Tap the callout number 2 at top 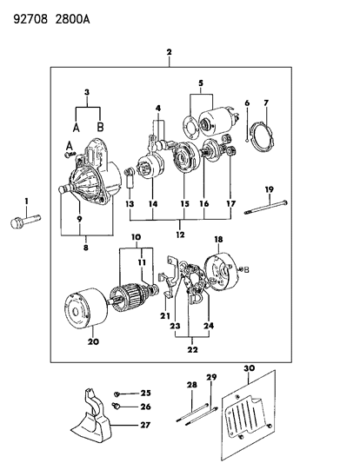click(x=170, y=53)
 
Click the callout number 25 click(x=146, y=394)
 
